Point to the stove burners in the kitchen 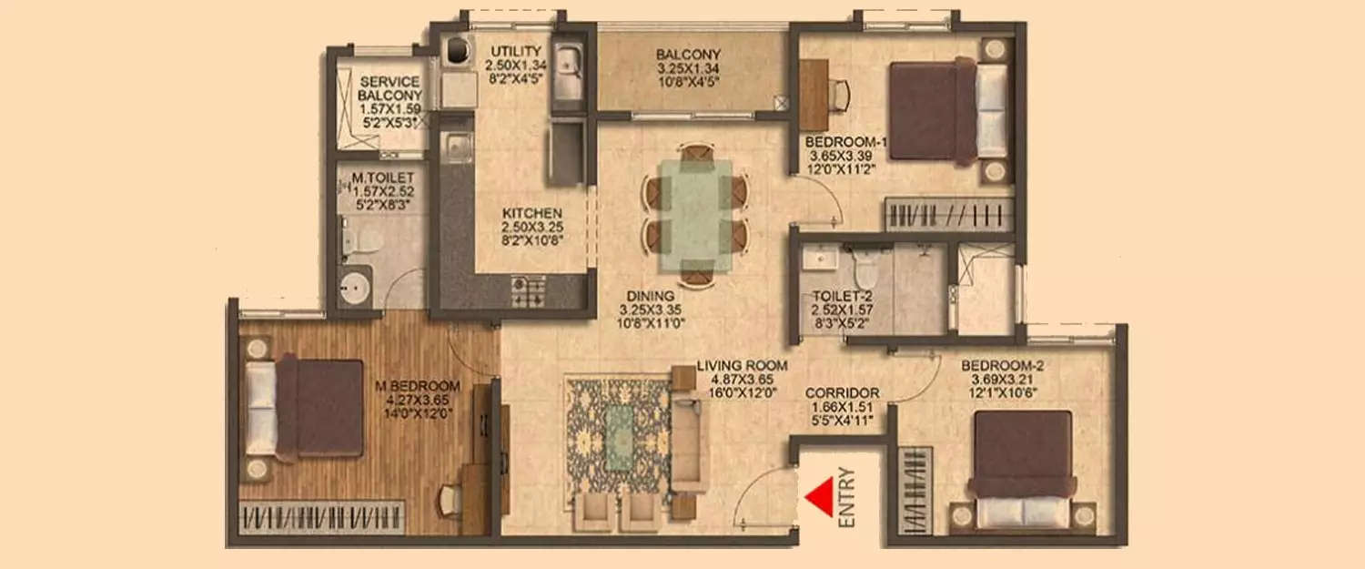(527, 291)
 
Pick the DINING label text (650, 296)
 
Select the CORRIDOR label (842, 393)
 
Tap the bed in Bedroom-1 (947, 111)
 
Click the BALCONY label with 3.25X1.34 (689, 54)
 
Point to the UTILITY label (516, 50)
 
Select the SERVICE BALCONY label (389, 88)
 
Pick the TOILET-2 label (822, 297)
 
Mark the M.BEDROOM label (418, 385)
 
